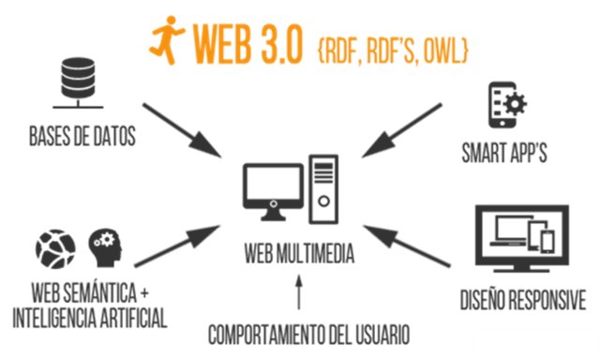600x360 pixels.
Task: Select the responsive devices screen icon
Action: coord(522,232)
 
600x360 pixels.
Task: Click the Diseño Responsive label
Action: coord(522,299)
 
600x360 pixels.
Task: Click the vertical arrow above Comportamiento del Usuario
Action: coord(299,292)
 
